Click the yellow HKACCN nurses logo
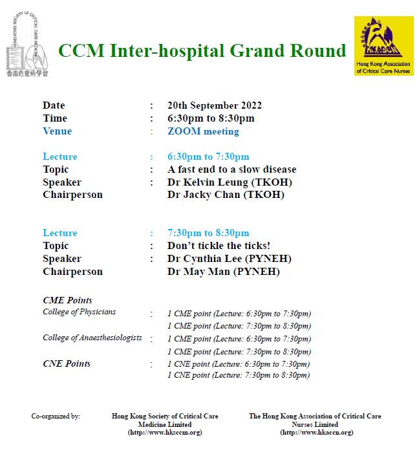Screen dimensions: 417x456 pyautogui.click(x=383, y=46)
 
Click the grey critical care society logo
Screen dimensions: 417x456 pyautogui.click(x=27, y=45)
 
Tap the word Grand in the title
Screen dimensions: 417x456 pyautogui.click(x=257, y=50)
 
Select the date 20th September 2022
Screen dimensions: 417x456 pyautogui.click(x=215, y=105)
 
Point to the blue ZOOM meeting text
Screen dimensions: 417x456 pyautogui.click(x=203, y=131)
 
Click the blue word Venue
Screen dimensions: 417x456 pyautogui.click(x=58, y=131)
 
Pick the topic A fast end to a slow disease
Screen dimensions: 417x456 pyautogui.click(x=232, y=169)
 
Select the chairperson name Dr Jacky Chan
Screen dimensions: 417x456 pyautogui.click(x=204, y=195)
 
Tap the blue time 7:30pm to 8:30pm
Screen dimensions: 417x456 pyautogui.click(x=208, y=233)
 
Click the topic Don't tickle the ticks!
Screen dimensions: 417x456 pyautogui.click(x=219, y=246)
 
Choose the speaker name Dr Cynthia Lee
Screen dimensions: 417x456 pyautogui.click(x=204, y=259)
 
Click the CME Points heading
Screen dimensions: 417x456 pyautogui.click(x=67, y=300)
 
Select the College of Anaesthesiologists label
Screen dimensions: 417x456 pyautogui.click(x=92, y=338)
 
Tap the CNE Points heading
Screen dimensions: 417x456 pyautogui.click(x=67, y=364)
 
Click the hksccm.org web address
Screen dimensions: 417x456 pyautogui.click(x=165, y=433)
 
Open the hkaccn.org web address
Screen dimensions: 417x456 pyautogui.click(x=317, y=433)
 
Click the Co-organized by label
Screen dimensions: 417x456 pyautogui.click(x=56, y=416)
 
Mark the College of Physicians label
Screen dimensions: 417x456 pyautogui.click(x=80, y=312)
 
